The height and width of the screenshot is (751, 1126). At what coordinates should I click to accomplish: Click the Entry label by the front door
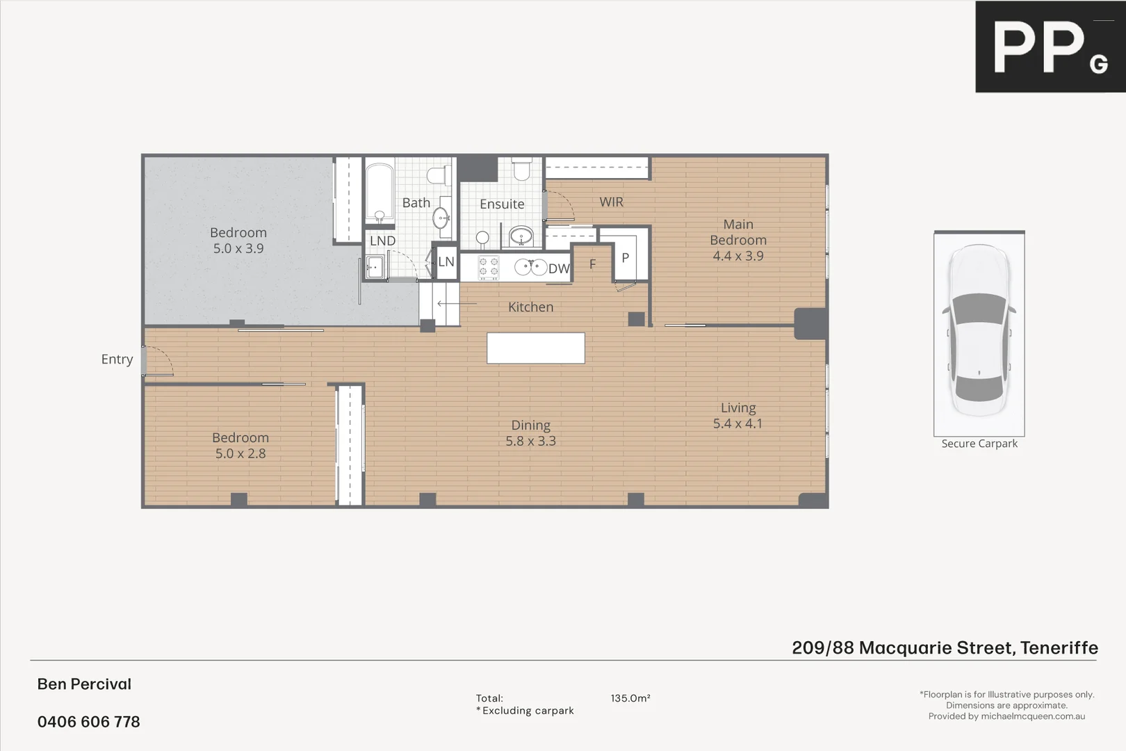117,360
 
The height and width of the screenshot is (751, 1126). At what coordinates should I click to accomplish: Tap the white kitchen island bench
535,348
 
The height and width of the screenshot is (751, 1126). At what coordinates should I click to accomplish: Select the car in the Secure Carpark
979,330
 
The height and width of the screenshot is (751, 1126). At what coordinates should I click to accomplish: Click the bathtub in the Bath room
380,192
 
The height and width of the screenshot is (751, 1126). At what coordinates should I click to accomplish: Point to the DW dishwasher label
559,269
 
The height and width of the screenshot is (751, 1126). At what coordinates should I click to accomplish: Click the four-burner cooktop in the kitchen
489,268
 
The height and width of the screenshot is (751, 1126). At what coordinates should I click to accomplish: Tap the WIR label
612,202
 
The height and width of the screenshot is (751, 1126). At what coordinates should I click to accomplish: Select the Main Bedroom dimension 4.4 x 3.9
737,256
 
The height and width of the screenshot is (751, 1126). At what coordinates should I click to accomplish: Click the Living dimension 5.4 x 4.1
737,423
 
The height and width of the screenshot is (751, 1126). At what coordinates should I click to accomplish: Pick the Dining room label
530,425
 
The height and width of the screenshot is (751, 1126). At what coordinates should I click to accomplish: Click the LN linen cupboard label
446,262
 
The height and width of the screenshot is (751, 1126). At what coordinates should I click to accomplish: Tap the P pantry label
625,258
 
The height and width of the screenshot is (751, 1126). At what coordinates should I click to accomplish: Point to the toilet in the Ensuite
521,168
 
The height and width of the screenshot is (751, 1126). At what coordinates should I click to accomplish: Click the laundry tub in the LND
375,266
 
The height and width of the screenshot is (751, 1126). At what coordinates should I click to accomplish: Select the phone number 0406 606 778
89,722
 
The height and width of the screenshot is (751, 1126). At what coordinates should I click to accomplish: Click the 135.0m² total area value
630,698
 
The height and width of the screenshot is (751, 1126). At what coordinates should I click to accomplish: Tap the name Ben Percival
84,684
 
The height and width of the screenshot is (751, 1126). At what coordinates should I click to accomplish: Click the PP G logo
1050,47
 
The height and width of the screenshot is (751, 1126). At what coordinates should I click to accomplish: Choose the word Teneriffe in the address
1059,648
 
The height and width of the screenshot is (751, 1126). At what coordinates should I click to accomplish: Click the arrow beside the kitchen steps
456,303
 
